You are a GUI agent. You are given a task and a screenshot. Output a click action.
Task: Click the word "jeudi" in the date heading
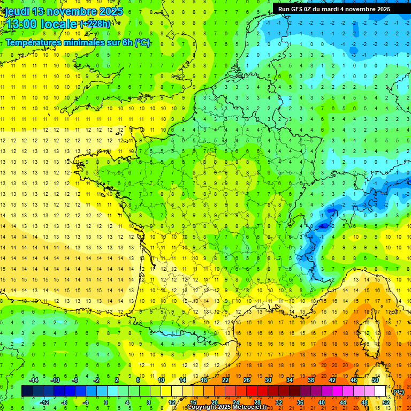click(16, 11)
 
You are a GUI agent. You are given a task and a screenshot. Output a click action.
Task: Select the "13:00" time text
click(20, 25)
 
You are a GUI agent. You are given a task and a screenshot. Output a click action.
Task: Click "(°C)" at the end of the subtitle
click(142, 43)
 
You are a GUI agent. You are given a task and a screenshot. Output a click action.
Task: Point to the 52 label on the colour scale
click(386, 402)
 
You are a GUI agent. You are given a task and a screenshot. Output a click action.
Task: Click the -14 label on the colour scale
click(34, 380)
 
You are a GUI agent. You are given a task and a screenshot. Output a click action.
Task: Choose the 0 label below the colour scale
click(106, 402)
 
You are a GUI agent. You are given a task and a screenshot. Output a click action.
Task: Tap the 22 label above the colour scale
click(226, 380)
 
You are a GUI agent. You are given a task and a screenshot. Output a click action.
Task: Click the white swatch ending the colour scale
click(380, 391)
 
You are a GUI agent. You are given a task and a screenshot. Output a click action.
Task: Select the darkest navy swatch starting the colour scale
click(27, 391)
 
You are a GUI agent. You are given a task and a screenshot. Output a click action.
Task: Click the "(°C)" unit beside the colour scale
click(399, 392)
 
